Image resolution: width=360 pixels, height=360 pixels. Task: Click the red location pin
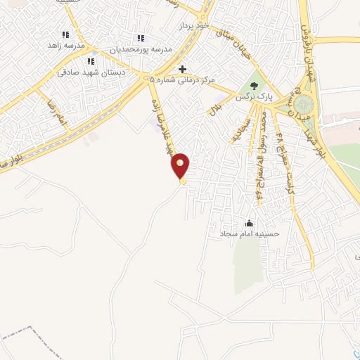pyautogui.click(x=181, y=165)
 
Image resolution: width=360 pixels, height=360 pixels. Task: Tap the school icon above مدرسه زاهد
pyautogui.click(x=65, y=34)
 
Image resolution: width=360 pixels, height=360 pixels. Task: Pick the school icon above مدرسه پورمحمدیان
pyautogui.click(x=141, y=38)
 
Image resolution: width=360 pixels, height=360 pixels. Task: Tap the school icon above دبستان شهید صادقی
pyautogui.click(x=89, y=62)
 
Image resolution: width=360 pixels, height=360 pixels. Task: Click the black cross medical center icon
pyautogui.click(x=183, y=69)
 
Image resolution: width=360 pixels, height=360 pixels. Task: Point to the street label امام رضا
pyautogui.click(x=56, y=112)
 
